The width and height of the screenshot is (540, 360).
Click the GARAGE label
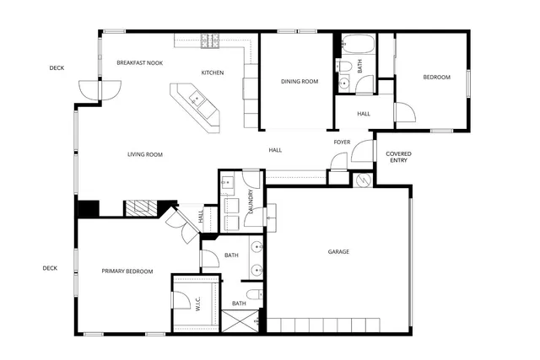338,251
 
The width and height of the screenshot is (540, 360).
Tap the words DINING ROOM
300,82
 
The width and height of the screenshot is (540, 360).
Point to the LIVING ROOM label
145,154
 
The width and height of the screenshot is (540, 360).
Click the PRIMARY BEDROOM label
127,271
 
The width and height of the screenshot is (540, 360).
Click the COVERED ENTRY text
398,156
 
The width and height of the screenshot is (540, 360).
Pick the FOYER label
342,142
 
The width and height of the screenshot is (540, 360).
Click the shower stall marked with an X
240,320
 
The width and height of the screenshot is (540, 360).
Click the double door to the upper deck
89,89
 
